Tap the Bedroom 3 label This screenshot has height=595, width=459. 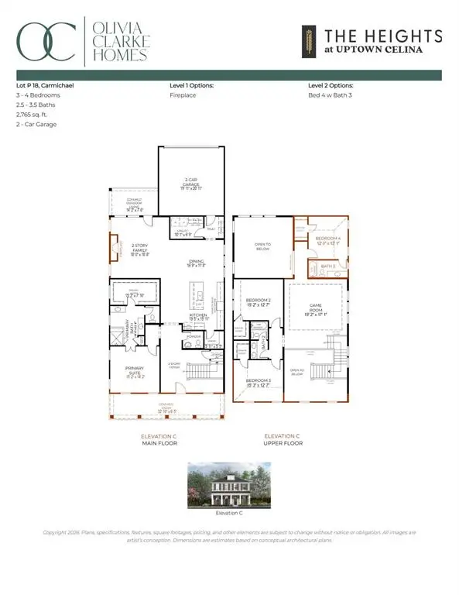pyautogui.click(x=257, y=382)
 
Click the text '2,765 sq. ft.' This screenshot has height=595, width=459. pyautogui.click(x=31, y=114)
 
